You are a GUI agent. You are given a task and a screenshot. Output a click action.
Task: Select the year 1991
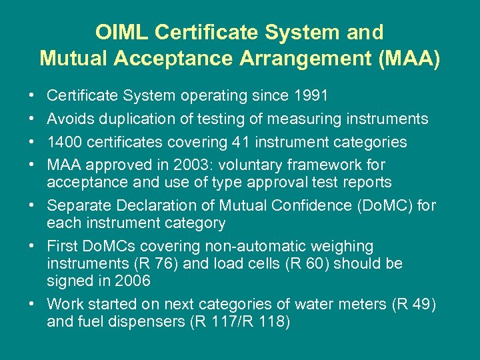tap(310, 96)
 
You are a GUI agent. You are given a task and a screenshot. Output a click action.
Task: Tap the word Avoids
tap(71, 119)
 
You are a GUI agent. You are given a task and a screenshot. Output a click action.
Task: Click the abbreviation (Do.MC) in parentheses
tap(386, 205)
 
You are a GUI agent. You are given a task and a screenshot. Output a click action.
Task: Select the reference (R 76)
tap(155, 263)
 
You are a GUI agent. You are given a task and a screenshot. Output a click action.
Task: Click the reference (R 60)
tap(297, 263)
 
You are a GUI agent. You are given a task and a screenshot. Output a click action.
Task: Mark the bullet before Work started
tap(33, 305)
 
